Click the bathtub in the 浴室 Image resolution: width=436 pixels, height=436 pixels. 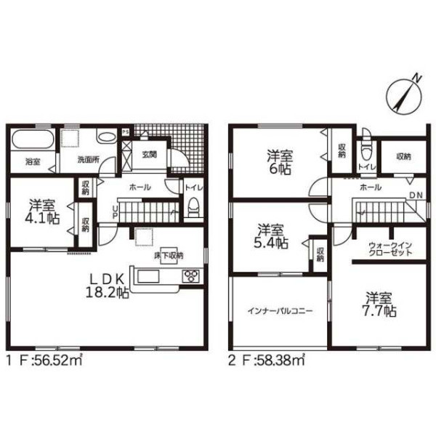coord(33,140)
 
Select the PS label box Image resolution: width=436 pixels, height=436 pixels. coord(126,132)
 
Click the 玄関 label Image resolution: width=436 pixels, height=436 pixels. coord(149,155)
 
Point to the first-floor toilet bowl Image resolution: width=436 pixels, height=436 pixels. coord(193,207)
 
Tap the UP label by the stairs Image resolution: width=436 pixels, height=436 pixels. coord(114,212)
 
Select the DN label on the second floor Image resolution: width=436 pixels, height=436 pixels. coord(416,195)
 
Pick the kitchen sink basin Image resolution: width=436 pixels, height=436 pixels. coord(148,276)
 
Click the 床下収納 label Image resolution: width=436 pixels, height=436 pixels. coord(169,255)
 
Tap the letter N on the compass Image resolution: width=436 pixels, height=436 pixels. coord(416,78)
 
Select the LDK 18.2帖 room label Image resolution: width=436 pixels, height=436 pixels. coord(108,286)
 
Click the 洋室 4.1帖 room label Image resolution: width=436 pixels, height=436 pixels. coord(42,211)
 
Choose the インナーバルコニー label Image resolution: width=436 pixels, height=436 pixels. coord(280,311)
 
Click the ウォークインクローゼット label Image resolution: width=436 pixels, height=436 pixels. coord(390,249)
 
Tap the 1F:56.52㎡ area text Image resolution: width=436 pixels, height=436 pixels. coord(45,361)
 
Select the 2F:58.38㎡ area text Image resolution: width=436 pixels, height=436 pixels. coord(267,361)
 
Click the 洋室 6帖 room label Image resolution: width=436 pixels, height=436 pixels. coord(280,162)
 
